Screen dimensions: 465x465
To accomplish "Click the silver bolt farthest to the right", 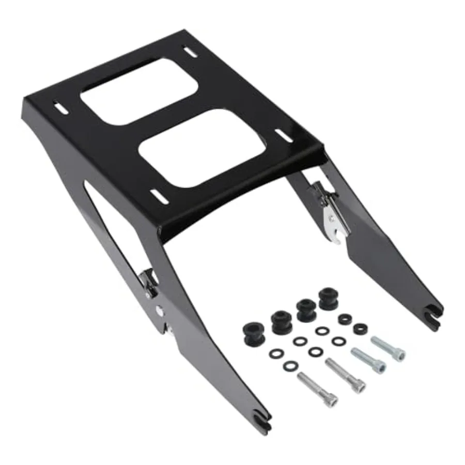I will pos(388,348).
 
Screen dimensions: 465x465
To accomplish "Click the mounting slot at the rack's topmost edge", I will pos(191,52).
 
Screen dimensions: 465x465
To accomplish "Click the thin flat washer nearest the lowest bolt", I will pos(290,365).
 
